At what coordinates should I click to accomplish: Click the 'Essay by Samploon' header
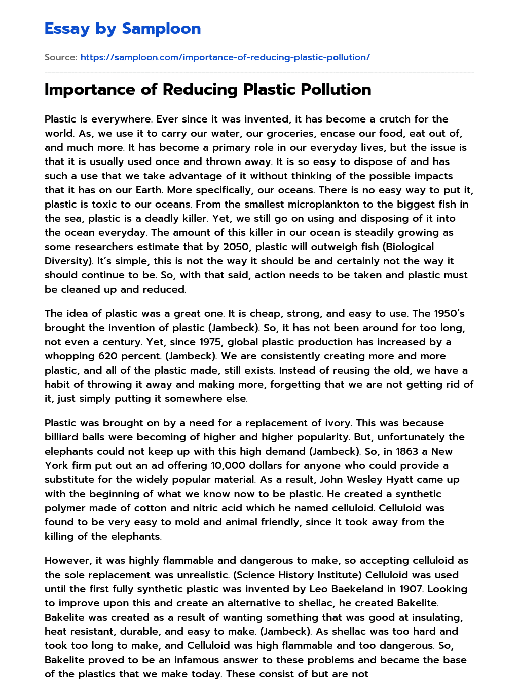123,29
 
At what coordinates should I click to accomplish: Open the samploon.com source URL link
225,57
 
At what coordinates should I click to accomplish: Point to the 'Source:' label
61,57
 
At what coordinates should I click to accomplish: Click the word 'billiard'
62,437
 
